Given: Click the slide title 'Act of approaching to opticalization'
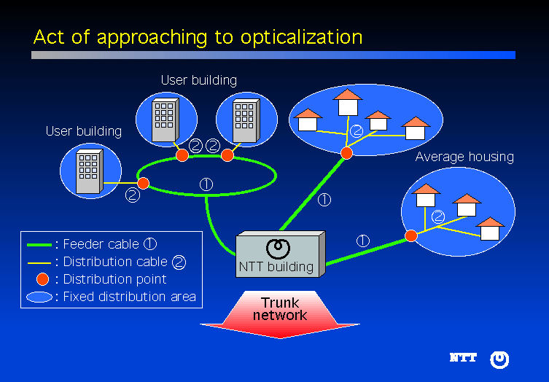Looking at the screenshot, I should pos(198,36).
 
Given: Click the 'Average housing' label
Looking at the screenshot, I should pos(464,157).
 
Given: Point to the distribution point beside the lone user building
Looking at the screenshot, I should pos(144,182).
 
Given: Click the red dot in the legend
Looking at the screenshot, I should pos(42,279).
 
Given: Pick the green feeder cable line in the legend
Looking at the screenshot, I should pos(39,244).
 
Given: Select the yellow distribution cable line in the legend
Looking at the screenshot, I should pos(39,262).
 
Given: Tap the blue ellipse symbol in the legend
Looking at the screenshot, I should pos(39,297).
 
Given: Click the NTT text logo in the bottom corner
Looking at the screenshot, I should pos(463,358).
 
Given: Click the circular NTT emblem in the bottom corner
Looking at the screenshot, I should pos(499,359).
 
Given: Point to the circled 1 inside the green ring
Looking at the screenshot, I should pos(206,184).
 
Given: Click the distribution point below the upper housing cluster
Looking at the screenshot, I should pos(346,152).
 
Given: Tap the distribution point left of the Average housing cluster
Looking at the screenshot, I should pos(411,235).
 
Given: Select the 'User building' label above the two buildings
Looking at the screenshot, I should pos(198,80).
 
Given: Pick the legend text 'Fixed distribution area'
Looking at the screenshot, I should pos(129,297).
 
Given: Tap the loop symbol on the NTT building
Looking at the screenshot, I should pos(276,249).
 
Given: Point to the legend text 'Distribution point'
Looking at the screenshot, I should pos(114,279).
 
